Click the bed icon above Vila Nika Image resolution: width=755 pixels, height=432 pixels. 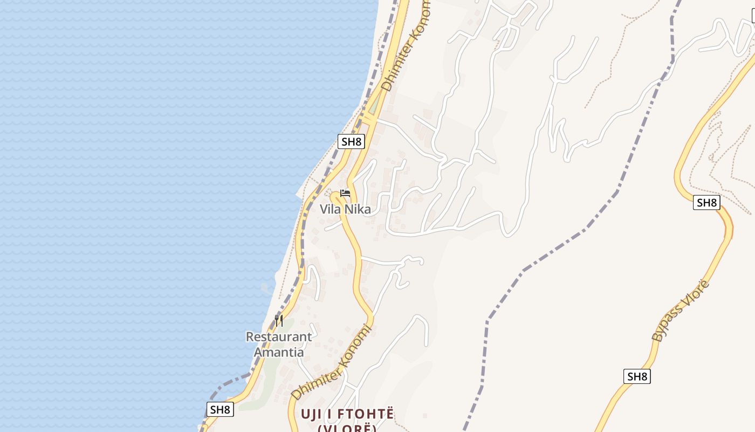click(x=345, y=193)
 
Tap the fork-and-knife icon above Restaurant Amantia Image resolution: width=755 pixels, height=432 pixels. click(x=279, y=320)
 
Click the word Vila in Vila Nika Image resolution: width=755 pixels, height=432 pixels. click(x=331, y=209)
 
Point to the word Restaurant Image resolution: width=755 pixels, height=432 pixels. click(x=278, y=337)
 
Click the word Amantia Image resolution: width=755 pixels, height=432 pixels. click(x=278, y=352)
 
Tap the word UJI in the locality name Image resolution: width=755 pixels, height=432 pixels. click(x=312, y=414)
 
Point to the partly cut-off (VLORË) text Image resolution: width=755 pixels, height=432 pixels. click(x=346, y=429)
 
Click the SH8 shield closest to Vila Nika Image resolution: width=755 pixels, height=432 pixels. click(x=351, y=141)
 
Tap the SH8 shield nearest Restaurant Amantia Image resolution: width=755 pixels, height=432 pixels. click(x=220, y=409)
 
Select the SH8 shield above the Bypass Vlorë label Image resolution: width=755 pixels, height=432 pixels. click(x=706, y=202)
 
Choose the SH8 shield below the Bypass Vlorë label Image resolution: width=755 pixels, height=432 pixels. click(x=637, y=376)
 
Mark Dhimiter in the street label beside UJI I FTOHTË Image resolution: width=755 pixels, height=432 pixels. click(x=314, y=381)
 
